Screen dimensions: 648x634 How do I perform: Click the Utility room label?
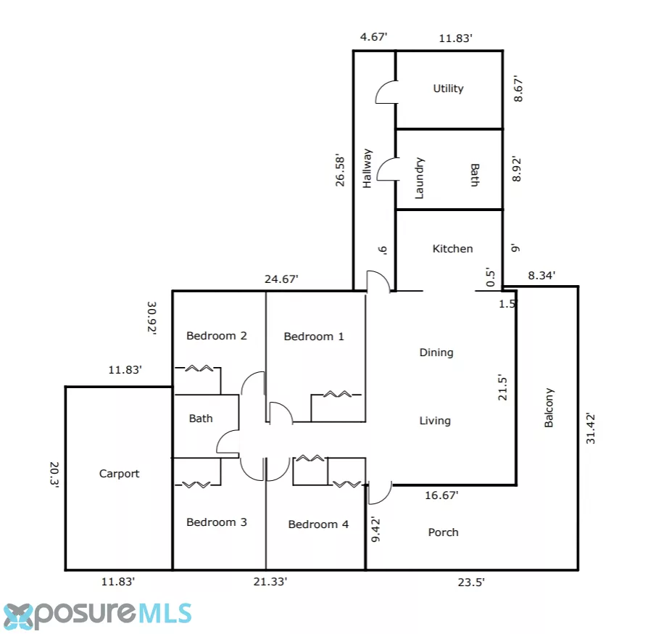click(x=448, y=88)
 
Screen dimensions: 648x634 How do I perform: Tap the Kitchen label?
click(x=452, y=249)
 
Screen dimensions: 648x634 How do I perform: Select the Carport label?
click(x=119, y=474)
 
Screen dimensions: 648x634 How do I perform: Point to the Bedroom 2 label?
click(x=217, y=336)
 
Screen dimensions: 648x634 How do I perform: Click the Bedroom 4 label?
click(x=318, y=524)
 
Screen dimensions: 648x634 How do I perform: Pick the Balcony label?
click(x=549, y=408)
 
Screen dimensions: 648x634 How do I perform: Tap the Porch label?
click(x=443, y=532)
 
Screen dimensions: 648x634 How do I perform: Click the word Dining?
click(x=436, y=353)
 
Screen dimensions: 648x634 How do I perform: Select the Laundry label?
click(x=419, y=178)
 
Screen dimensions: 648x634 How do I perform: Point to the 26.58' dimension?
click(x=340, y=170)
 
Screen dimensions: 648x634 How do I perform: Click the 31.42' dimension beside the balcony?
click(x=591, y=429)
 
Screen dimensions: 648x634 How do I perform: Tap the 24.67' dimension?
click(x=281, y=279)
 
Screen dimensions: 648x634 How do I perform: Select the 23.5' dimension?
click(x=471, y=582)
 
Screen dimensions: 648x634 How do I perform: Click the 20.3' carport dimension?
click(x=54, y=475)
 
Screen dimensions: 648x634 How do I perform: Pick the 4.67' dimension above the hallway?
click(x=373, y=37)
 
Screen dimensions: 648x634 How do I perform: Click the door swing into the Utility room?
click(x=386, y=92)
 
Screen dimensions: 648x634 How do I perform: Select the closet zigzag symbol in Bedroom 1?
click(x=337, y=394)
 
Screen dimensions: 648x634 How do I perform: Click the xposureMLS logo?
click(x=98, y=615)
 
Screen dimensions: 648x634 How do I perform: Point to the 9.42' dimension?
click(x=375, y=529)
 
